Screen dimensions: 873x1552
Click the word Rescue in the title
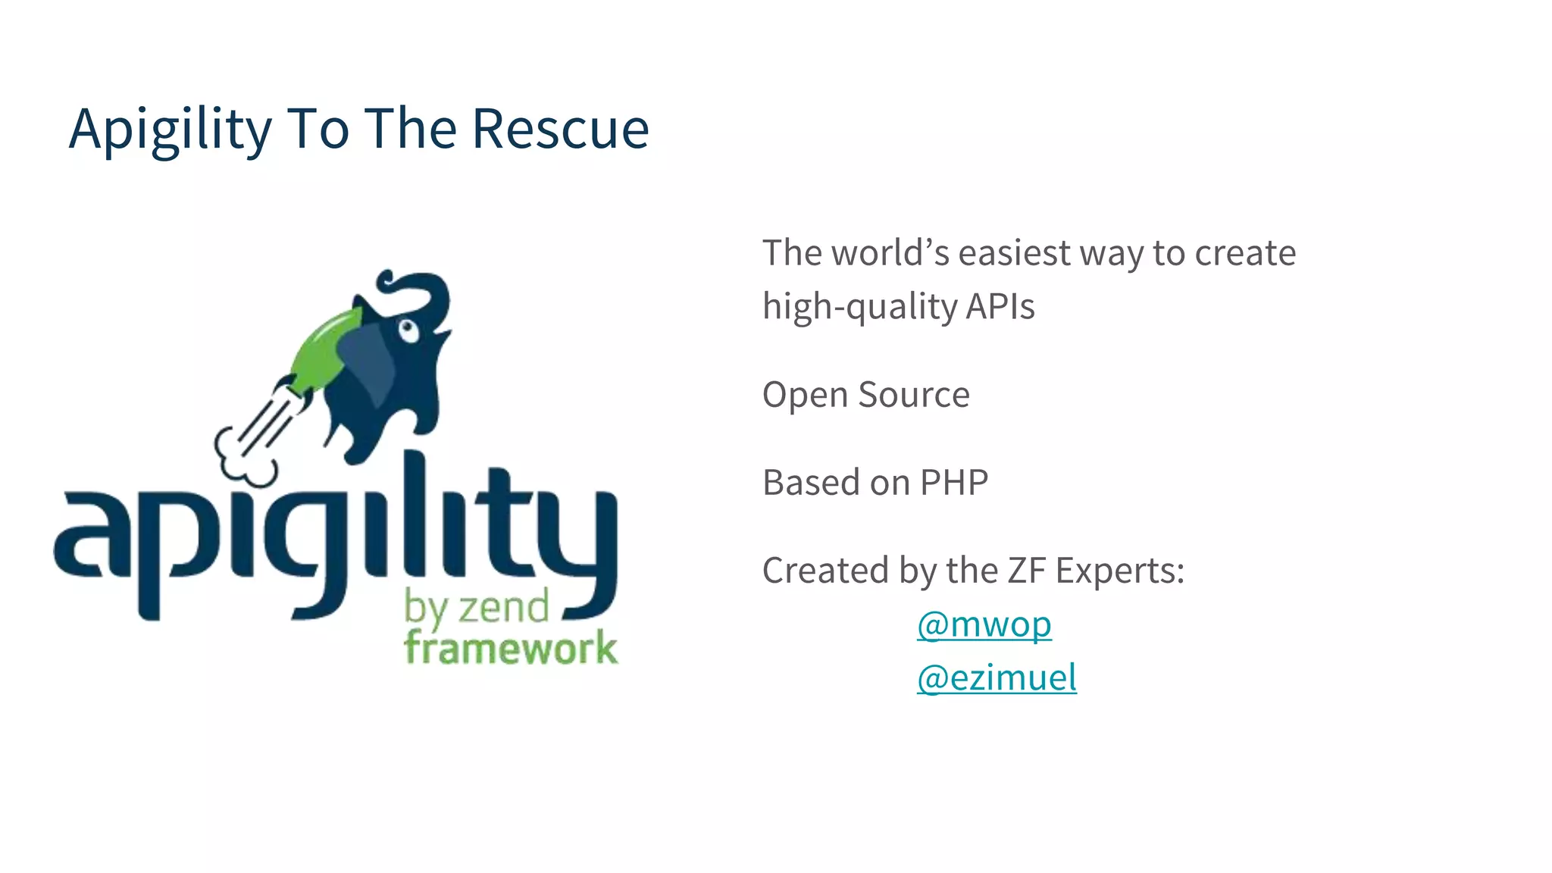click(560, 129)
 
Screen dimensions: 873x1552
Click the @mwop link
click(984, 624)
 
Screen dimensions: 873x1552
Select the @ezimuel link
click(996, 677)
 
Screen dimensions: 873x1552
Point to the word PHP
click(953, 483)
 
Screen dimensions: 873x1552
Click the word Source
click(913, 395)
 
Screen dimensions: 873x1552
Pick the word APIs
click(1000, 307)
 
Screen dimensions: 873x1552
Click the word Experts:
click(1119, 571)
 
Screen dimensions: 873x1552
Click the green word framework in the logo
click(510, 649)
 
